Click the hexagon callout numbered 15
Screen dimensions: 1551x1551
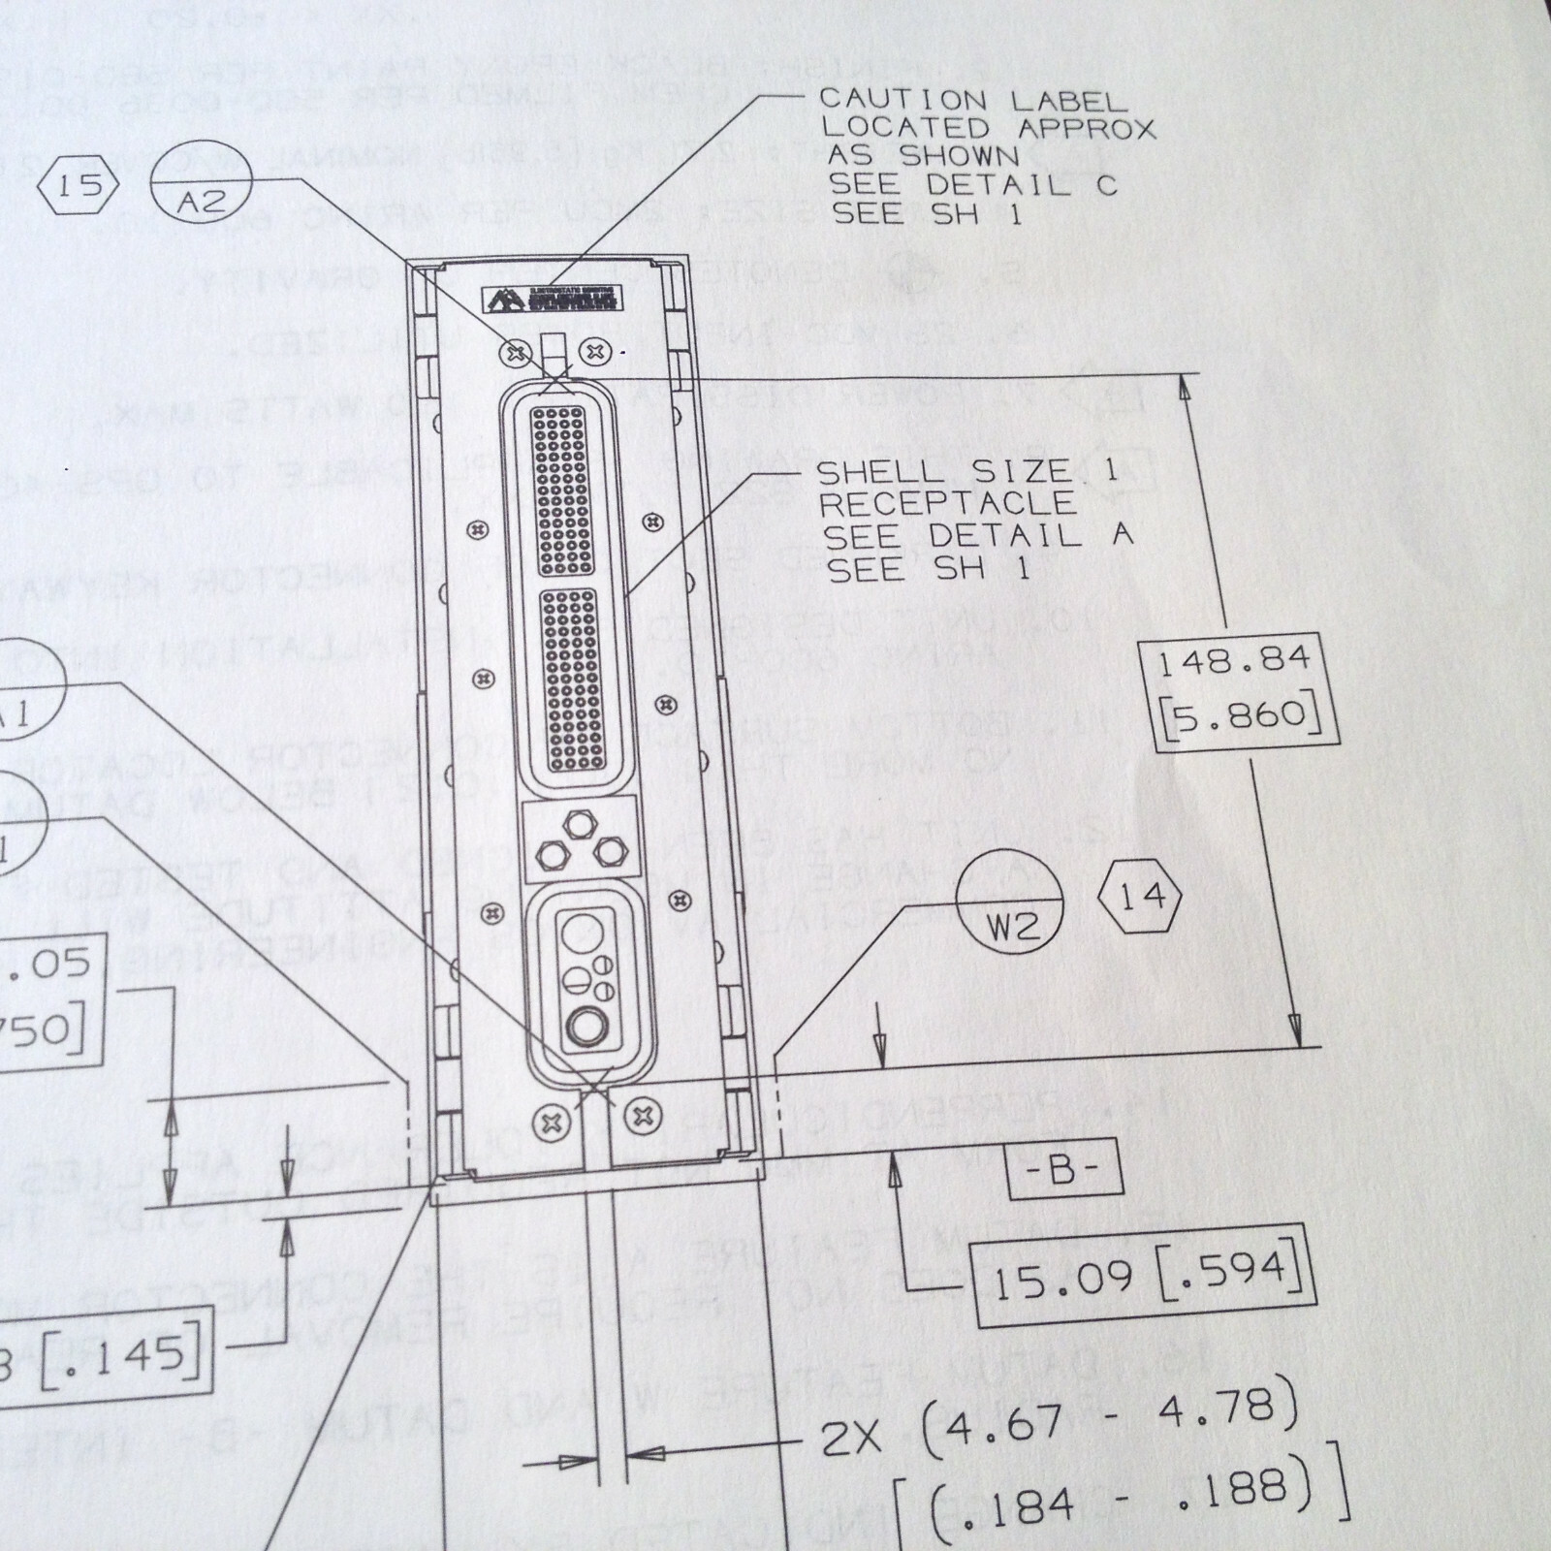click(x=79, y=184)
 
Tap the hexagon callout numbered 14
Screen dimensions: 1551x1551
click(x=1142, y=897)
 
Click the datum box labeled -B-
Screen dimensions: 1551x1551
click(x=1062, y=1170)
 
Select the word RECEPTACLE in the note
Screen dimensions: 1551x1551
click(x=948, y=504)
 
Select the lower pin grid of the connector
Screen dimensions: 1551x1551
click(x=571, y=681)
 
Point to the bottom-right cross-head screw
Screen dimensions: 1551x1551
click(x=642, y=1115)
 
